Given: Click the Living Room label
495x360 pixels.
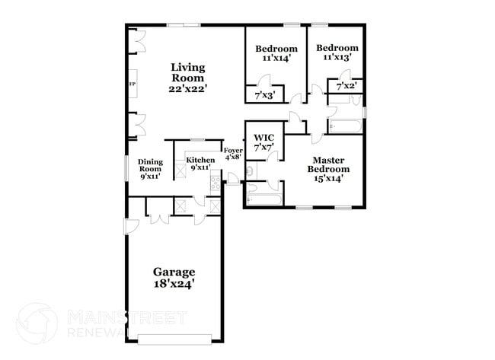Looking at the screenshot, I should (187, 72).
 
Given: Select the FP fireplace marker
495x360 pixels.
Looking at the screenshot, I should (132, 84).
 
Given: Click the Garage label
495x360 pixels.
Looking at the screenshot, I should (174, 272).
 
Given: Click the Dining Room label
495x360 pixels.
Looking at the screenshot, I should (150, 165).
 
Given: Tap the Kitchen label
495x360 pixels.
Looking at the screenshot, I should (200, 160).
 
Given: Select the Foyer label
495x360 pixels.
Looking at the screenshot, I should (233, 151).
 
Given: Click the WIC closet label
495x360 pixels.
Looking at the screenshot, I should (263, 138).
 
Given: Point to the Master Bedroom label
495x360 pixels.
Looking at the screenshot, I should (329, 164).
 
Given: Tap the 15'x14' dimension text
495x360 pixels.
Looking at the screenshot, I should (329, 179).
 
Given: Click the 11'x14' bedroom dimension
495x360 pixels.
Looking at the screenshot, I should (276, 57).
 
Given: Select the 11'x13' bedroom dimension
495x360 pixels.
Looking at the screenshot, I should (337, 57).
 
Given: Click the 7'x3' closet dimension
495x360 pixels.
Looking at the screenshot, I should (263, 97).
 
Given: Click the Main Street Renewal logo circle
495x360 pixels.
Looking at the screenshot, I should (36, 323).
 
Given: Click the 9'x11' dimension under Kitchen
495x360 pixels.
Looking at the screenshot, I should (200, 167).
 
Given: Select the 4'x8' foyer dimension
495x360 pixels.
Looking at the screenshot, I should (233, 158).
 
